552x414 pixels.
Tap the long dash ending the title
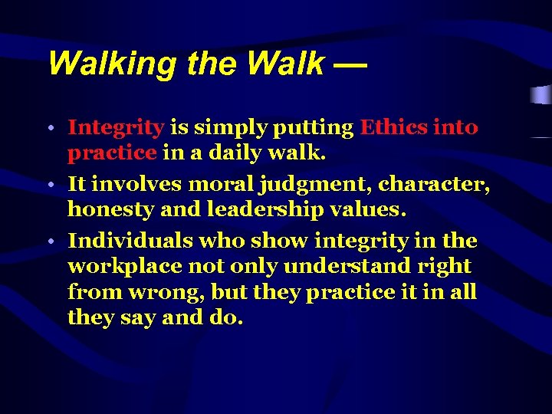click(350, 64)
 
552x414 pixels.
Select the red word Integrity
click(116, 127)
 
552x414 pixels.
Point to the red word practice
click(112, 153)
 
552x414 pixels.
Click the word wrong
click(162, 291)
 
